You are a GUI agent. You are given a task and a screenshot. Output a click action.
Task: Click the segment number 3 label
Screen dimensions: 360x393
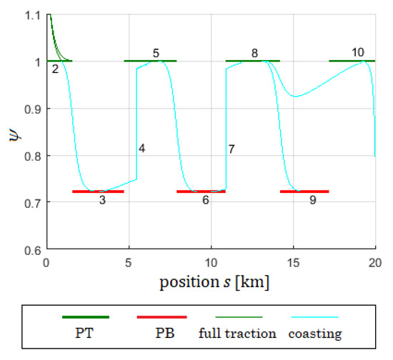(x=102, y=201)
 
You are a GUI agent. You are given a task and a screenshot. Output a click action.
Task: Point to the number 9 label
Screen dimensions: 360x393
(x=312, y=201)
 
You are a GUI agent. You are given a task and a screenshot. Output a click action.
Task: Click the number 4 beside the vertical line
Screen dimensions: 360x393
(x=142, y=149)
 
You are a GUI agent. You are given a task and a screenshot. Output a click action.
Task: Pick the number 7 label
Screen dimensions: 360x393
(x=232, y=149)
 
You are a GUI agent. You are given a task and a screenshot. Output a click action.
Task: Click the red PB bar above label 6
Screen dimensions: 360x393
(x=201, y=191)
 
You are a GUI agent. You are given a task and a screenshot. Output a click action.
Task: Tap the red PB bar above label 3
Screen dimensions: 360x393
(x=98, y=191)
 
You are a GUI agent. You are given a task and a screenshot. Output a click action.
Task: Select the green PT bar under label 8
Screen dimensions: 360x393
(x=253, y=61)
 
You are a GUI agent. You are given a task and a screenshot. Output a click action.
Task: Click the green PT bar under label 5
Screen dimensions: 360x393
(x=150, y=61)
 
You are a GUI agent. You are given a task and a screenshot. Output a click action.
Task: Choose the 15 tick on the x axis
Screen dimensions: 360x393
(x=294, y=262)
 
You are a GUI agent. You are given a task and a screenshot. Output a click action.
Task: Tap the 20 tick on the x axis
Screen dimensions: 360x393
(x=375, y=262)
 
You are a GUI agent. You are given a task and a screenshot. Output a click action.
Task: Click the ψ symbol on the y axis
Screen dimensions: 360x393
(x=13, y=132)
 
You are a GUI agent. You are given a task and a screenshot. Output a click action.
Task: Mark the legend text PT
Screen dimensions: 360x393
(x=86, y=334)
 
